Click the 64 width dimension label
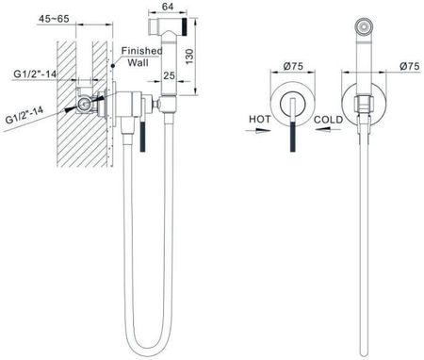[x=168, y=7]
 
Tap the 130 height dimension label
[x=190, y=57]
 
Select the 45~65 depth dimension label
[x=54, y=19]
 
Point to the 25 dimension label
[x=169, y=75]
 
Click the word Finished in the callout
[x=142, y=51]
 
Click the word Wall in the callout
[x=138, y=62]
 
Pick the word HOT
[x=259, y=119]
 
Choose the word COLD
[x=328, y=120]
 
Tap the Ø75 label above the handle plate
[x=293, y=66]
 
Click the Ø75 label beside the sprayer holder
[x=409, y=66]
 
